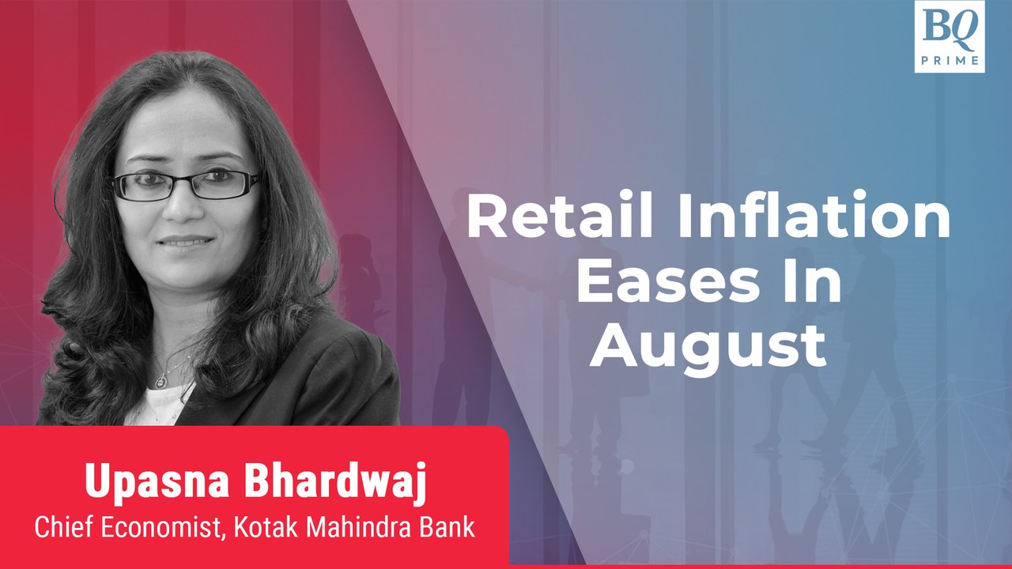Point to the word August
tap(708, 348)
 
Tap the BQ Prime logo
tap(949, 37)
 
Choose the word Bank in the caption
tap(450, 527)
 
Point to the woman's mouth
tap(183, 240)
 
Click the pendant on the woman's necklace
tap(161, 382)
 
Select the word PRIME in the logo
tap(949, 59)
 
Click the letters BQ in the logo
tap(949, 30)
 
